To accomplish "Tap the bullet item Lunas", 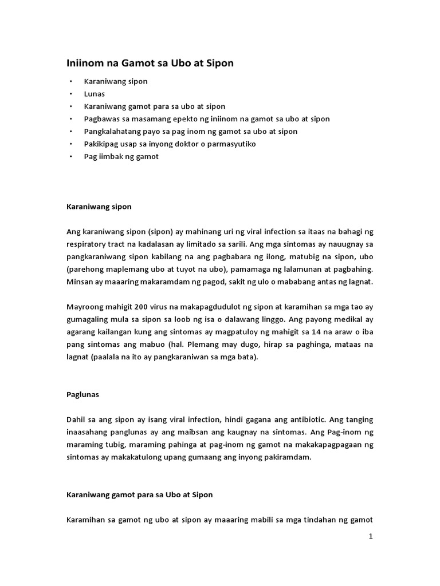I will [x=95, y=94].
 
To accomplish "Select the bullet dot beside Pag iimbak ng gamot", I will [x=71, y=156].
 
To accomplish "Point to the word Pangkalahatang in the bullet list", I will [x=111, y=131].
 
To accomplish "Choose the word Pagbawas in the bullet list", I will [x=101, y=118].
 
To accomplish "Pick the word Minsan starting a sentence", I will [x=78, y=282].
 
